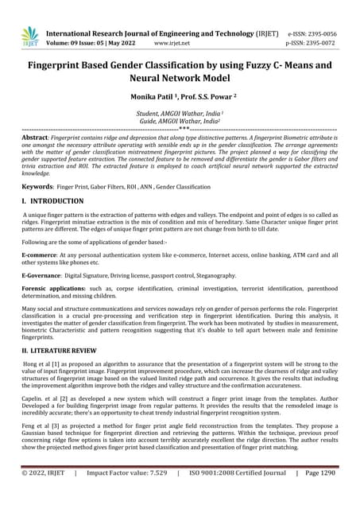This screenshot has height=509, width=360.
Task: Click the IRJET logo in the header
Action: [29, 34]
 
